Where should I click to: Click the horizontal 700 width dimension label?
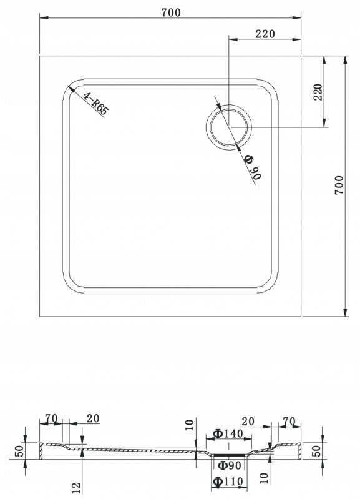coord(171,12)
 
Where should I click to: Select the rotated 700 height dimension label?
coord(339,185)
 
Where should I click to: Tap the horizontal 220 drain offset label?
coord(265,34)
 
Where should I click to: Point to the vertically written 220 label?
coord(318,92)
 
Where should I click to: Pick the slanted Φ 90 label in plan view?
coord(253,167)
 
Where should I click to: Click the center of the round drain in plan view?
coord(229,127)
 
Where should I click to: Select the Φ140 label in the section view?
coord(228,433)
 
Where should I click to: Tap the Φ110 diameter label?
coord(228,482)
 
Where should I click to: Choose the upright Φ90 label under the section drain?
coord(230,465)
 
